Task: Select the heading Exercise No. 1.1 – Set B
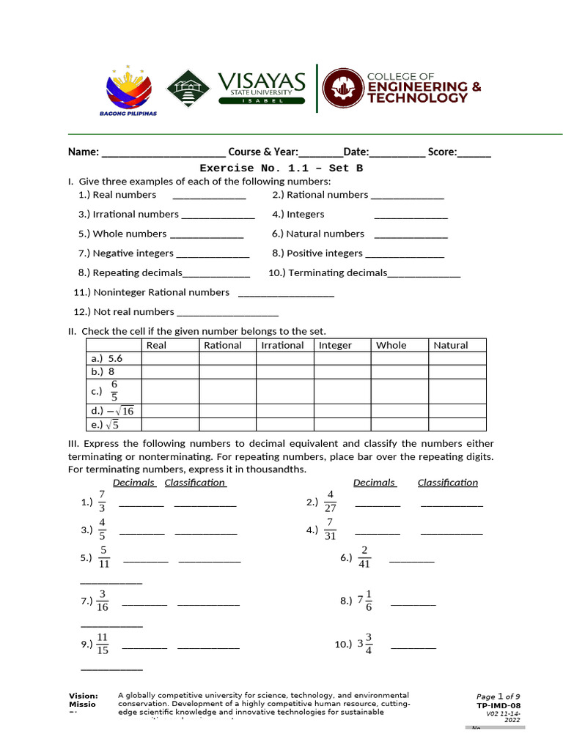281,168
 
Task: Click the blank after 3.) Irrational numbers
218,215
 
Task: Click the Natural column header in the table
450,345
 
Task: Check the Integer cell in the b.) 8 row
342,371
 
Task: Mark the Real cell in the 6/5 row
170,391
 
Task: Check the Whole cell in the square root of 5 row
400,424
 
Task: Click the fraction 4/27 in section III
330,502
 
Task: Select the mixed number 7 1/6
365,601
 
